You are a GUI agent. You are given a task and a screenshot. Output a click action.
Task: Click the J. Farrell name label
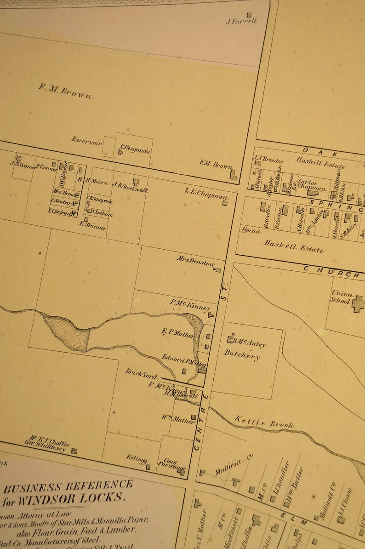click(241, 21)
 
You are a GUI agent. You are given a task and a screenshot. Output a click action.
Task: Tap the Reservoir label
click(86, 141)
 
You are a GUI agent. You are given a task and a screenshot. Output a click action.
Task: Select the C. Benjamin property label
click(135, 149)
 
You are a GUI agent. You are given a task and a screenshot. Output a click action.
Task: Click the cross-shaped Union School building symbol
click(358, 303)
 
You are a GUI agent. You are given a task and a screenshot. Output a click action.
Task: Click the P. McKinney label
click(190, 304)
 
